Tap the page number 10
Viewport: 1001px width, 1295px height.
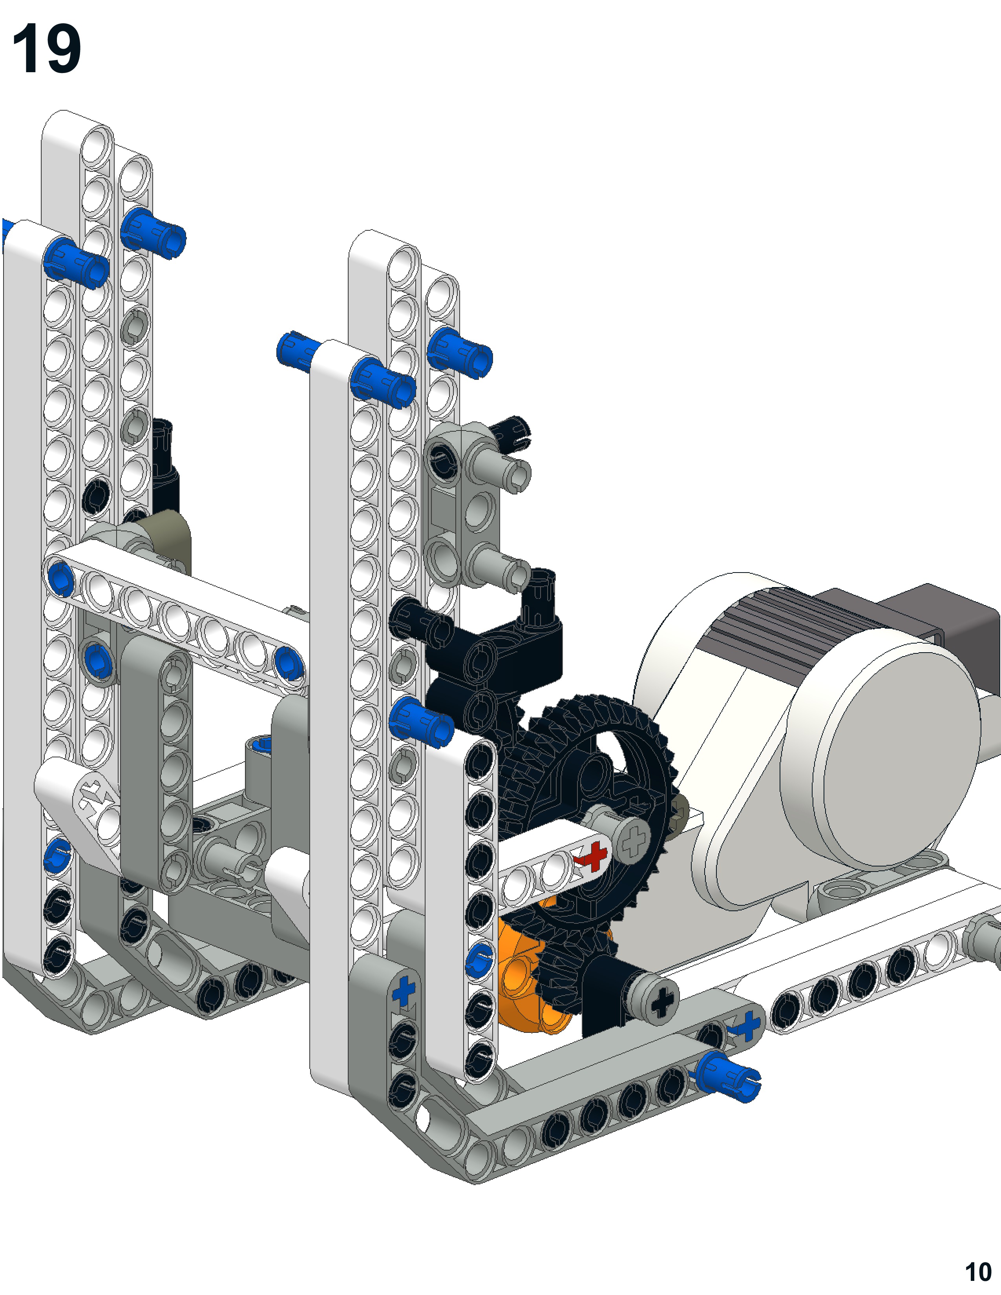point(978,1272)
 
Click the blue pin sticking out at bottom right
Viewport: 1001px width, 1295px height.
point(728,1074)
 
